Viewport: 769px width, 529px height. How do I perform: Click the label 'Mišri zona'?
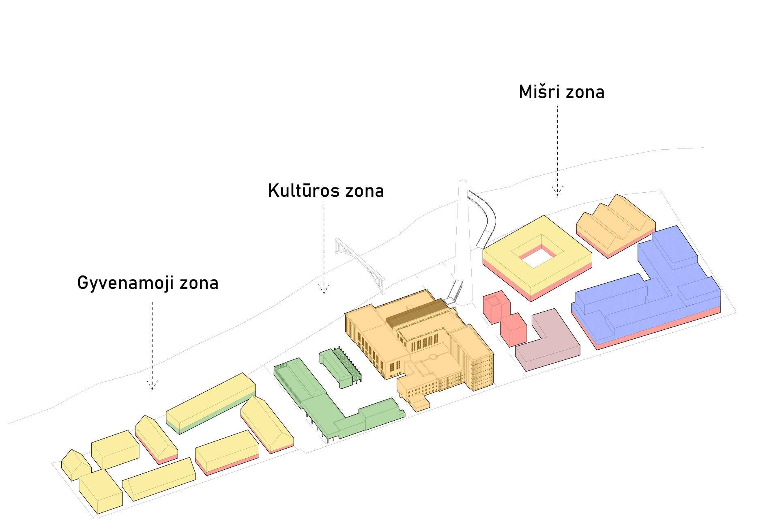coord(561,92)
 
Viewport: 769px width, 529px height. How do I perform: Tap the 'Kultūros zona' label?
coord(326,191)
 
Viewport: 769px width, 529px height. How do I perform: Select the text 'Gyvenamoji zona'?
coord(148,283)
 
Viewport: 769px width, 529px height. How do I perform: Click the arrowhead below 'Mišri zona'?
coord(557,191)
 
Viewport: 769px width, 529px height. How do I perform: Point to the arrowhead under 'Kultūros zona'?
coord(324,289)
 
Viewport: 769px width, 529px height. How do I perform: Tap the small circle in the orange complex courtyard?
coord(433,357)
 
